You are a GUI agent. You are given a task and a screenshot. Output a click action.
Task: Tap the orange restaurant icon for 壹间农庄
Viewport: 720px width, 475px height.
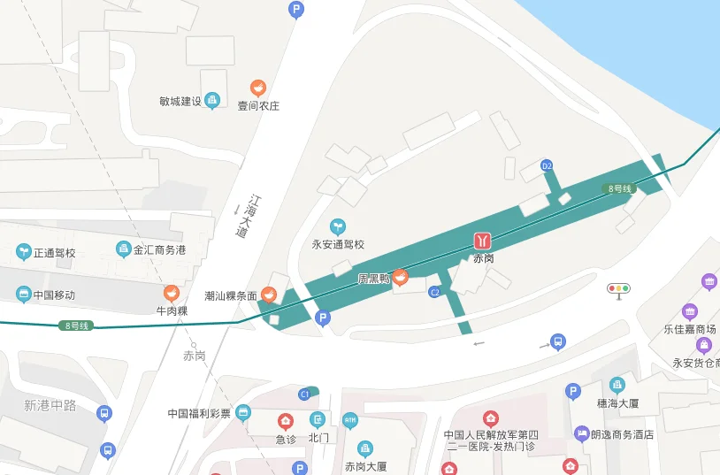pos(258,88)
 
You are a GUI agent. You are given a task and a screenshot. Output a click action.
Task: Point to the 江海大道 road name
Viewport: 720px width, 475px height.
pos(249,216)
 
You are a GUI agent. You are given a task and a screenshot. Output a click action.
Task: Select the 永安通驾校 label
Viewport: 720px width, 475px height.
pos(338,244)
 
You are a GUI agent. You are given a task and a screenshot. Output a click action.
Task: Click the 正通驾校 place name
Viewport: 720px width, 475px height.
pos(55,253)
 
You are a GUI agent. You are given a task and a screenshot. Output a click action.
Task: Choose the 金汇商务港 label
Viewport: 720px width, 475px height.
pos(159,250)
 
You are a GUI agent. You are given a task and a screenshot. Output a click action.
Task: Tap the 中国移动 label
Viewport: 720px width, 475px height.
pos(54,295)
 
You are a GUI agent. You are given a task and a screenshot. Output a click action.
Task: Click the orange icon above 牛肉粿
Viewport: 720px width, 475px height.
pos(172,293)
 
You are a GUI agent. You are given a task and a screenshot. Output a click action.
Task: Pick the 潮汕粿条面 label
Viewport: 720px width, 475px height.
pos(230,295)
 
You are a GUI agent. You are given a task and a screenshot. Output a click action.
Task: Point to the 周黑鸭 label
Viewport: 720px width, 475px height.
pos(373,279)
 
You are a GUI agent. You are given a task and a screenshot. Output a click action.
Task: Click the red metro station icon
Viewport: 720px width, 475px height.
pos(482,241)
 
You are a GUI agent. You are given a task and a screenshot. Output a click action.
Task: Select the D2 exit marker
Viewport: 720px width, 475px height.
pos(547,165)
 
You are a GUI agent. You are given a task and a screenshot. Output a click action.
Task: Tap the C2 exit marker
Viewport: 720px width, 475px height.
pos(434,292)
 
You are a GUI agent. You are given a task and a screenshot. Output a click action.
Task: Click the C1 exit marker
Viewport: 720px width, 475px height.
pos(304,394)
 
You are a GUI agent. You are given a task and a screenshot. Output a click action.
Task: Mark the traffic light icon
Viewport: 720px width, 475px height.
pos(618,288)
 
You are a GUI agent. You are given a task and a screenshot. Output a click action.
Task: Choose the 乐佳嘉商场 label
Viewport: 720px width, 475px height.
pos(690,330)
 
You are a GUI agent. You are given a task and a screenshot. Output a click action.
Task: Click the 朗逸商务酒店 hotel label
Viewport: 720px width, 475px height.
pos(622,434)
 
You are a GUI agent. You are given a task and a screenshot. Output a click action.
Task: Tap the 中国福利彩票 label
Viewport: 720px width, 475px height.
pos(199,413)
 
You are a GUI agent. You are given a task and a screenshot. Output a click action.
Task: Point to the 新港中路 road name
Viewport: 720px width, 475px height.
pos(50,405)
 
